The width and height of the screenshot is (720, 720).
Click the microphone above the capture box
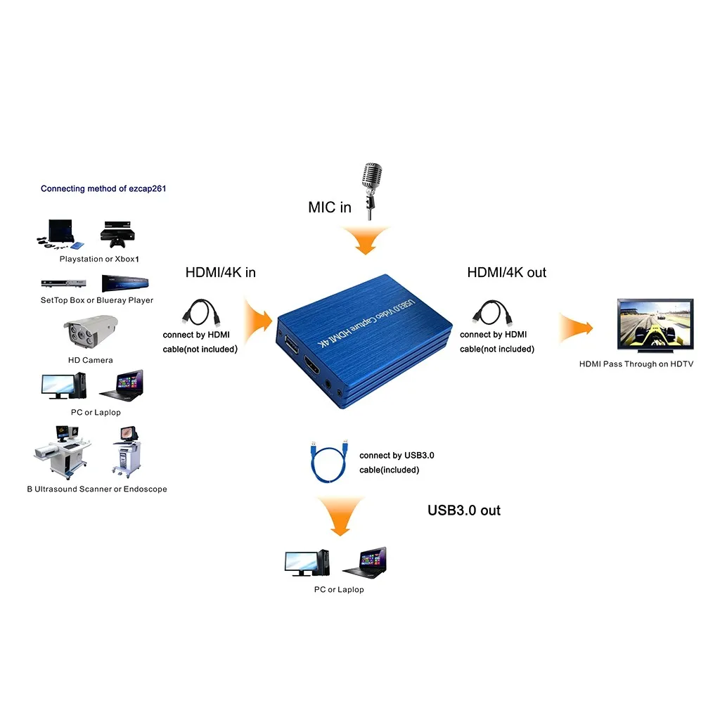tap(371, 187)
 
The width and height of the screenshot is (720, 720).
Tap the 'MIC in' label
tap(329, 207)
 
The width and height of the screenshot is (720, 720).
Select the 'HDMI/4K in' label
tap(220, 272)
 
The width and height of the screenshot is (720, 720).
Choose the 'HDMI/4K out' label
tap(506, 272)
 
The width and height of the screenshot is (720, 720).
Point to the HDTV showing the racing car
tap(655, 324)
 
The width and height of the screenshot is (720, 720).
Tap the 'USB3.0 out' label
tap(463, 510)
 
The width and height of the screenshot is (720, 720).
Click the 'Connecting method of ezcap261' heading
tap(103, 188)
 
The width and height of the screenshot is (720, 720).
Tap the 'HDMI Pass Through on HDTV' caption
tap(636, 364)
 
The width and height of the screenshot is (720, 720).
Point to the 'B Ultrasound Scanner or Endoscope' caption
tap(97, 489)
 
